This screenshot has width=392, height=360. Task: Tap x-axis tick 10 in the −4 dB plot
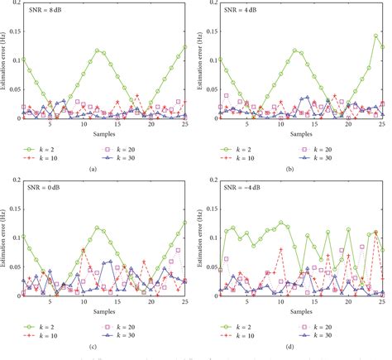(x=281, y=303)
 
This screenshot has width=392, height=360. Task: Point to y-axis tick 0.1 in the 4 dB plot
(x=213, y=60)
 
